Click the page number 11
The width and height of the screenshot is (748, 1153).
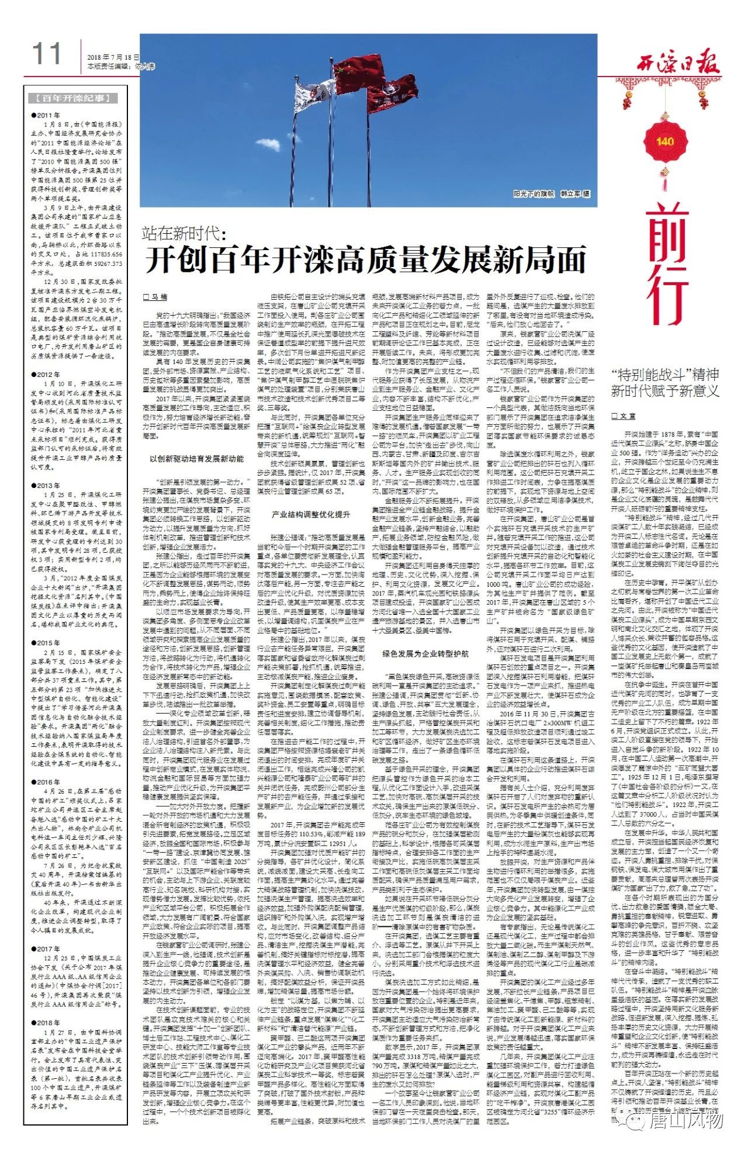click(46, 54)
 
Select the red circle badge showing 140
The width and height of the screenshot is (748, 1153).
click(664, 141)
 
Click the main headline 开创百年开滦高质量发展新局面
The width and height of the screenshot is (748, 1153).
click(365, 260)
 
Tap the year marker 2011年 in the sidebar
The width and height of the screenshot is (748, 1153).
click(46, 115)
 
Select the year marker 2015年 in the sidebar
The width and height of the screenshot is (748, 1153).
click(46, 643)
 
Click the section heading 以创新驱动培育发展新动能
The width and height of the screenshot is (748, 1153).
click(196, 459)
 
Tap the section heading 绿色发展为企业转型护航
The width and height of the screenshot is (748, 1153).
click(425, 652)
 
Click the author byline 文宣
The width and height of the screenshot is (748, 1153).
click(624, 416)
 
